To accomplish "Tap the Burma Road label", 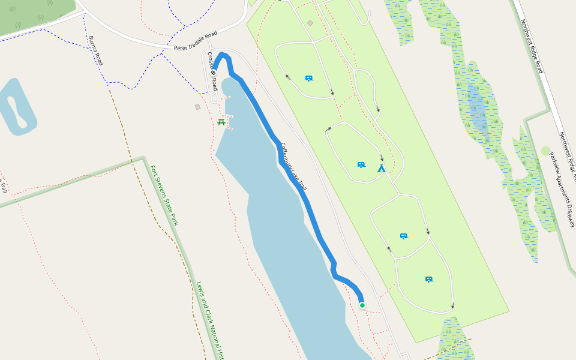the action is (95, 50).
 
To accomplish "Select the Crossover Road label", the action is (212, 71).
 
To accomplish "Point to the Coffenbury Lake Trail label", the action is (293, 167).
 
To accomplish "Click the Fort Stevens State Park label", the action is (164, 196).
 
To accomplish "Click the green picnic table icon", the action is (221, 122).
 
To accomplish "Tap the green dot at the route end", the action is (362, 305).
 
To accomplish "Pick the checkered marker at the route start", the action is (213, 73).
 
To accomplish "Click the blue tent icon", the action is (381, 169).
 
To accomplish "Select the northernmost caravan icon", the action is (309, 79).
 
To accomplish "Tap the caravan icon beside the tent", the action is (361, 164).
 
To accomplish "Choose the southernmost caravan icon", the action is (429, 280).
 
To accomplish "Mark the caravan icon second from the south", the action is (404, 236).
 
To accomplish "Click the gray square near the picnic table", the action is (197, 107).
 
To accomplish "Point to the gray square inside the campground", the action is (310, 23).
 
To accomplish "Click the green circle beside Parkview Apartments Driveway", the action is (545, 151).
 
